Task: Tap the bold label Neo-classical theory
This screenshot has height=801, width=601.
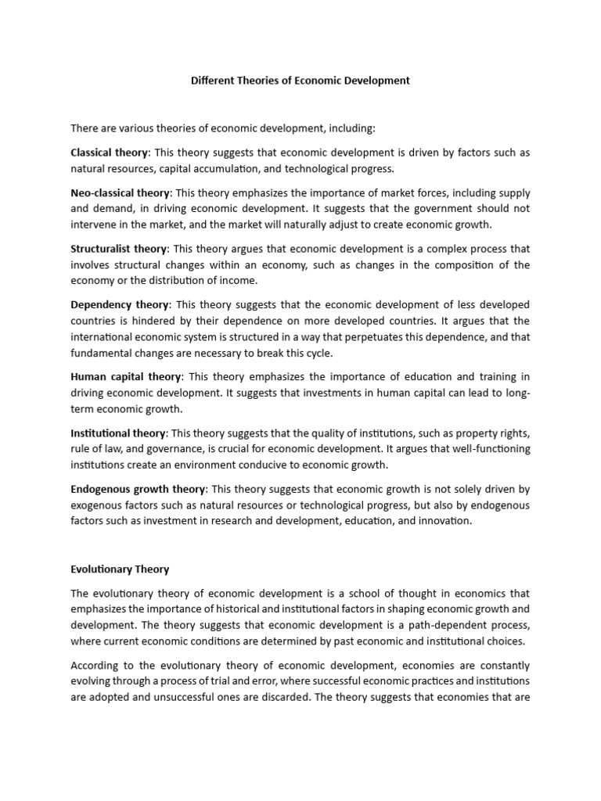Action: click(x=120, y=192)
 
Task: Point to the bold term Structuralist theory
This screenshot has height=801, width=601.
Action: click(x=119, y=249)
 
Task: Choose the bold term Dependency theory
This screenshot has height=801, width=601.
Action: click(x=120, y=304)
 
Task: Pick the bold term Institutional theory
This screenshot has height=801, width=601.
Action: click(x=118, y=433)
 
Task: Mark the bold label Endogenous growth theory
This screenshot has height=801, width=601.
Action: click(x=138, y=489)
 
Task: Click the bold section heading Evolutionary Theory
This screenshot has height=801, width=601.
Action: click(x=120, y=569)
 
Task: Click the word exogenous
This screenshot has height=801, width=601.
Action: click(x=98, y=505)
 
